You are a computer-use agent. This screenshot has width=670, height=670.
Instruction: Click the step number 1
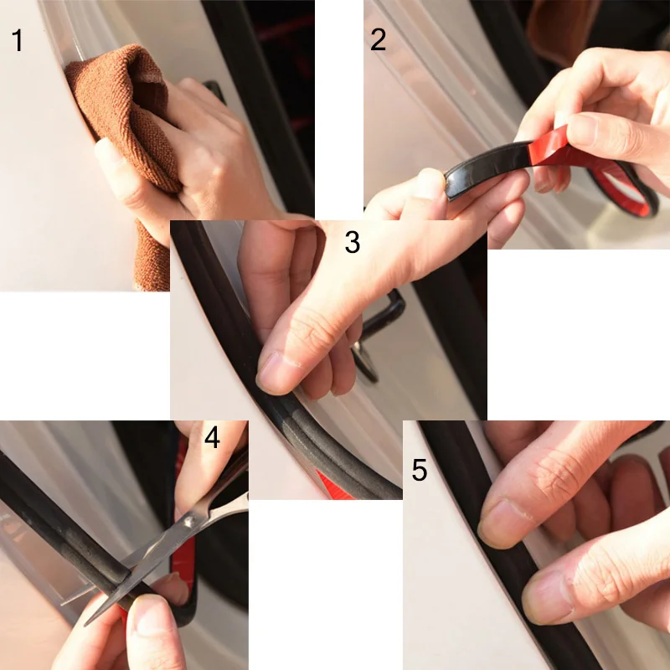tap(17, 40)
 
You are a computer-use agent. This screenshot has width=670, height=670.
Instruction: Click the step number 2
tap(379, 39)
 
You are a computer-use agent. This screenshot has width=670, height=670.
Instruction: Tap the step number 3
tap(352, 242)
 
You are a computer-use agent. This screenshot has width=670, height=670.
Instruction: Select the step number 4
tap(213, 437)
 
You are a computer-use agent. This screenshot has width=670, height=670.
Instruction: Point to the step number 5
tap(420, 470)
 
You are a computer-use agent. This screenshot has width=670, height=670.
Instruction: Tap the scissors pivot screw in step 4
tap(188, 522)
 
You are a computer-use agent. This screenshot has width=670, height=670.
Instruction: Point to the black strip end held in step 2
tap(451, 186)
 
